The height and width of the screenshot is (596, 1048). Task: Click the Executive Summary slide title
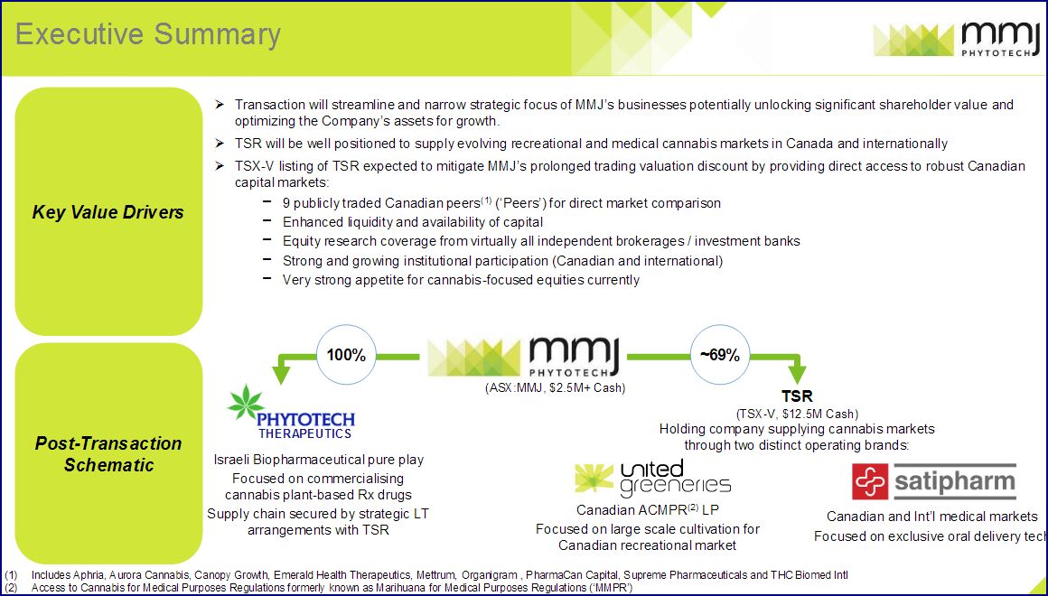[x=148, y=34]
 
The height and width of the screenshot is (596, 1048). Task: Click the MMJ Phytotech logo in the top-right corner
[x=956, y=39]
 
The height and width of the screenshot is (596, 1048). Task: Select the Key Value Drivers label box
[x=108, y=212]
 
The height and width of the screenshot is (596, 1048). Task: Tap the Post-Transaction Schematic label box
[x=108, y=453]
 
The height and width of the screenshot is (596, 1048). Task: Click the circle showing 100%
[x=346, y=355]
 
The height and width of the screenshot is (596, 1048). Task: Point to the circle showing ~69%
[x=719, y=355]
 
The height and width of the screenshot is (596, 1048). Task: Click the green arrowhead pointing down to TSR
[x=797, y=373]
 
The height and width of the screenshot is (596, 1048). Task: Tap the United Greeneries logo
[x=652, y=479]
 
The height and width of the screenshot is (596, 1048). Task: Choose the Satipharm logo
[x=934, y=482]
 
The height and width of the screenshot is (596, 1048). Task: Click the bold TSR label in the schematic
[x=797, y=396]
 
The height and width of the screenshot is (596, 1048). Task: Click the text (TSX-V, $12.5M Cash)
[x=797, y=414]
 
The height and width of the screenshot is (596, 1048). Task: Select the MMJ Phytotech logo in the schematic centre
[x=523, y=357]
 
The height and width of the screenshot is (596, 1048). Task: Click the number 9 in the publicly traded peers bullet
[x=286, y=203]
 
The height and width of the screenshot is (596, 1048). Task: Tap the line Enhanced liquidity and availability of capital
[x=412, y=222]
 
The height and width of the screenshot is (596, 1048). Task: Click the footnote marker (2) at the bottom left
[x=11, y=588]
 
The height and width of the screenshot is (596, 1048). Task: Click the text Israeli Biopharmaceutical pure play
[x=318, y=460]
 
